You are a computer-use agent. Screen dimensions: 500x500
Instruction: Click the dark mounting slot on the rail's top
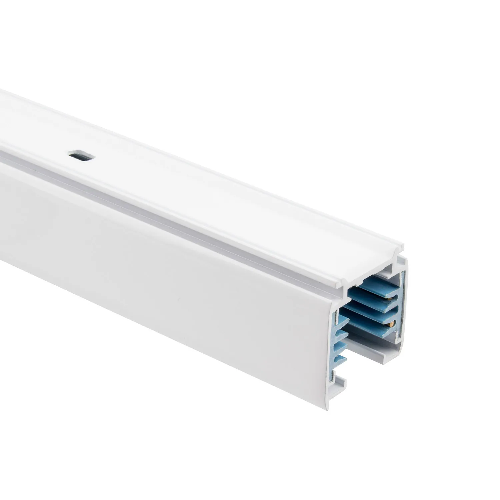81,155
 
